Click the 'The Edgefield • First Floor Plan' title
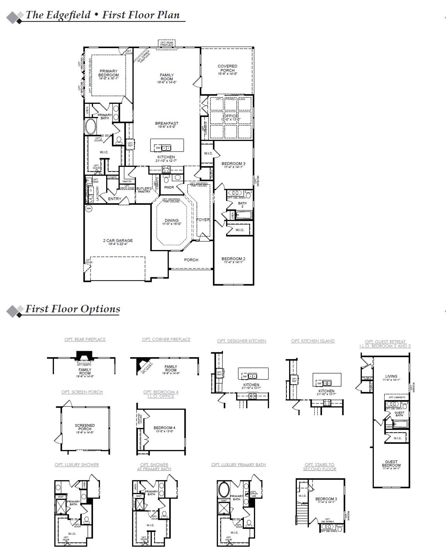pyautogui.click(x=102, y=15)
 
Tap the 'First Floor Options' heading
pyautogui.click(x=72, y=309)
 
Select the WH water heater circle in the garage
pyautogui.click(x=89, y=209)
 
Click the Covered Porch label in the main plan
pyautogui.click(x=227, y=68)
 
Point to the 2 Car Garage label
pyautogui.click(x=118, y=241)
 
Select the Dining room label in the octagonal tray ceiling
pyautogui.click(x=171, y=221)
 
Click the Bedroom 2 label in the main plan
pyautogui.click(x=233, y=259)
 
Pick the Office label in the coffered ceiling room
pyautogui.click(x=230, y=116)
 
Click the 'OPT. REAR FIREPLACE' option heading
pyautogui.click(x=85, y=339)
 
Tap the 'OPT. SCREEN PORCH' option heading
pyautogui.click(x=82, y=392)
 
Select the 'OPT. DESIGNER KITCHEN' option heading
pyautogui.click(x=241, y=341)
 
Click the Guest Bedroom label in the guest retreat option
pyautogui.click(x=391, y=464)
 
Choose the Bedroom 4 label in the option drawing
pyautogui.click(x=164, y=428)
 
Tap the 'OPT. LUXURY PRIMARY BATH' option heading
pyautogui.click(x=238, y=465)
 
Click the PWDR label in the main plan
pyautogui.click(x=169, y=187)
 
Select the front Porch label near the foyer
pyautogui.click(x=191, y=260)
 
